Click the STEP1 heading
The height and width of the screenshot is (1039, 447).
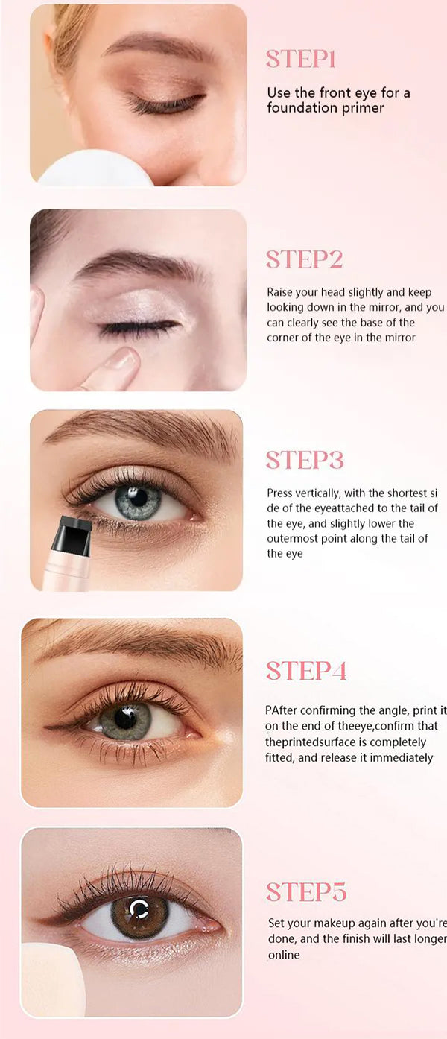[300, 60]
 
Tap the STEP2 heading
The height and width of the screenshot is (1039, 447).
[304, 259]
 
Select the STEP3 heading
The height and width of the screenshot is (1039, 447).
[305, 460]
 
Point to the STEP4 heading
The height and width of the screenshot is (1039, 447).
[306, 671]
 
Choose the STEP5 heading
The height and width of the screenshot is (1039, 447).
[306, 891]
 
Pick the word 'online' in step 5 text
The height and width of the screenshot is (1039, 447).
[284, 955]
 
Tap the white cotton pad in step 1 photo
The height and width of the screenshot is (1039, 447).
[96, 170]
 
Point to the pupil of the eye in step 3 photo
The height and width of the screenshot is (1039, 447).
[138, 497]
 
